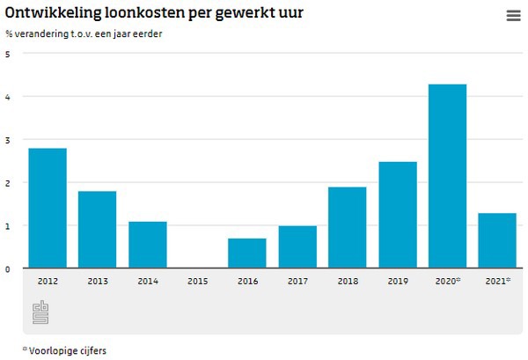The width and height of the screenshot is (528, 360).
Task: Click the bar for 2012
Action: tap(48, 208)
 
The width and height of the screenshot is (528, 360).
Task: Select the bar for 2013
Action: tap(97, 229)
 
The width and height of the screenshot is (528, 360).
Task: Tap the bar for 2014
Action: tap(147, 244)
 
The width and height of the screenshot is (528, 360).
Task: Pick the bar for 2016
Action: tap(246, 253)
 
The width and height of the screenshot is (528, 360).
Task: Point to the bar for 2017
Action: tap(297, 246)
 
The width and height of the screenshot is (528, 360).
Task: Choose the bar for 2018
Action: tap(347, 227)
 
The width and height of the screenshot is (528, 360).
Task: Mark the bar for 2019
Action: tap(397, 215)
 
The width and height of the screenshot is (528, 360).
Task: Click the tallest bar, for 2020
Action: tap(447, 176)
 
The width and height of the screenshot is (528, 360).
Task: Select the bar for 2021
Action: tap(497, 240)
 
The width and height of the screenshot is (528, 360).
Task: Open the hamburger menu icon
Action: tap(513, 16)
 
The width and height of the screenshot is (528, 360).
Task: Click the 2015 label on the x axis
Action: tap(197, 281)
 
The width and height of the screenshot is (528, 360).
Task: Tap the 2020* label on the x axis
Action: tap(448, 281)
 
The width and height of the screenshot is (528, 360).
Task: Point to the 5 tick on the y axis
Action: tap(8, 54)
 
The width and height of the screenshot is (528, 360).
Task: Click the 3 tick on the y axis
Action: tap(8, 140)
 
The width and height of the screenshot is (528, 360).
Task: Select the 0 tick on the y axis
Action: tap(8, 268)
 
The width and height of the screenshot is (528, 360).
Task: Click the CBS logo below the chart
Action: tap(40, 312)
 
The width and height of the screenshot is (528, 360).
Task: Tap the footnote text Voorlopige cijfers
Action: tap(68, 349)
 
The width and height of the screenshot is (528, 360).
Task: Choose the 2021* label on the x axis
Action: tap(498, 281)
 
